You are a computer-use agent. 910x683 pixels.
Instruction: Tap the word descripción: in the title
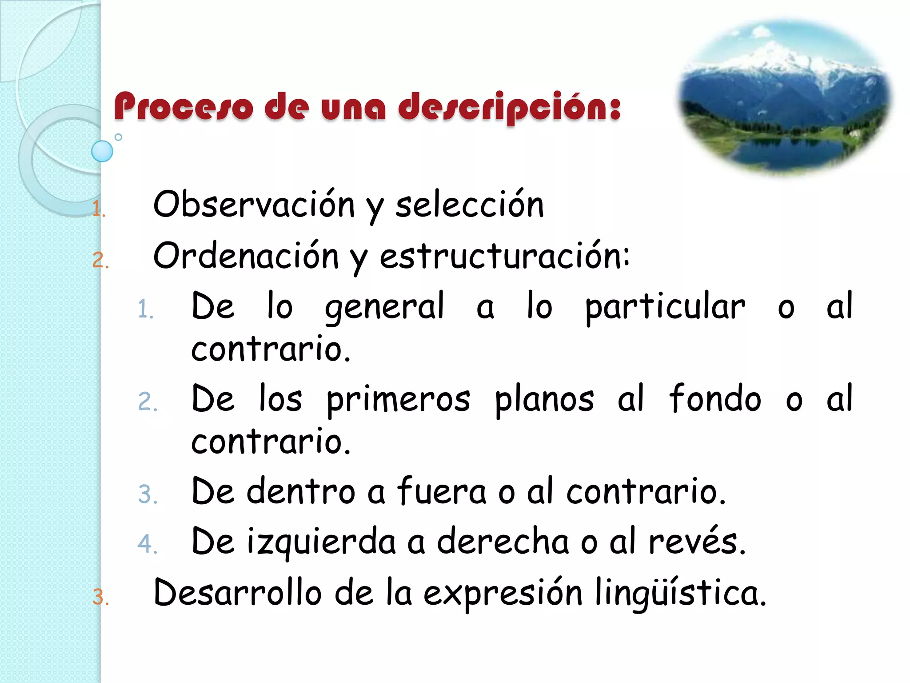(x=509, y=107)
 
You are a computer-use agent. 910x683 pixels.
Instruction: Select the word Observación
(x=254, y=205)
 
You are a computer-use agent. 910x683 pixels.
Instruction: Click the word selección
(x=470, y=205)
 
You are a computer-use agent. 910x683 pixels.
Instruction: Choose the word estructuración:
(x=505, y=257)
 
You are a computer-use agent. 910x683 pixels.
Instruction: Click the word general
(x=384, y=307)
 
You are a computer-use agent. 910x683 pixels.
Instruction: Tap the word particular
(x=665, y=307)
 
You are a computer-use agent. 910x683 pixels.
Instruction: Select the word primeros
(x=399, y=399)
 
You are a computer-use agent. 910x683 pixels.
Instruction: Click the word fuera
(x=442, y=491)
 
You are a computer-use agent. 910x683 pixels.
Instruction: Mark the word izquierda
(x=321, y=542)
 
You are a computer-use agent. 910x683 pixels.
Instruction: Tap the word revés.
(x=696, y=542)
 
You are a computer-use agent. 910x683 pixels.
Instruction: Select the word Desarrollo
(x=237, y=593)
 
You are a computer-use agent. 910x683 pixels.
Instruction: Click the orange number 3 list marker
(x=99, y=597)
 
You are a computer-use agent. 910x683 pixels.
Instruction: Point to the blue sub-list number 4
(x=146, y=544)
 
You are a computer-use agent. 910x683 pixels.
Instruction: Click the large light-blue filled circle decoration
(x=102, y=151)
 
